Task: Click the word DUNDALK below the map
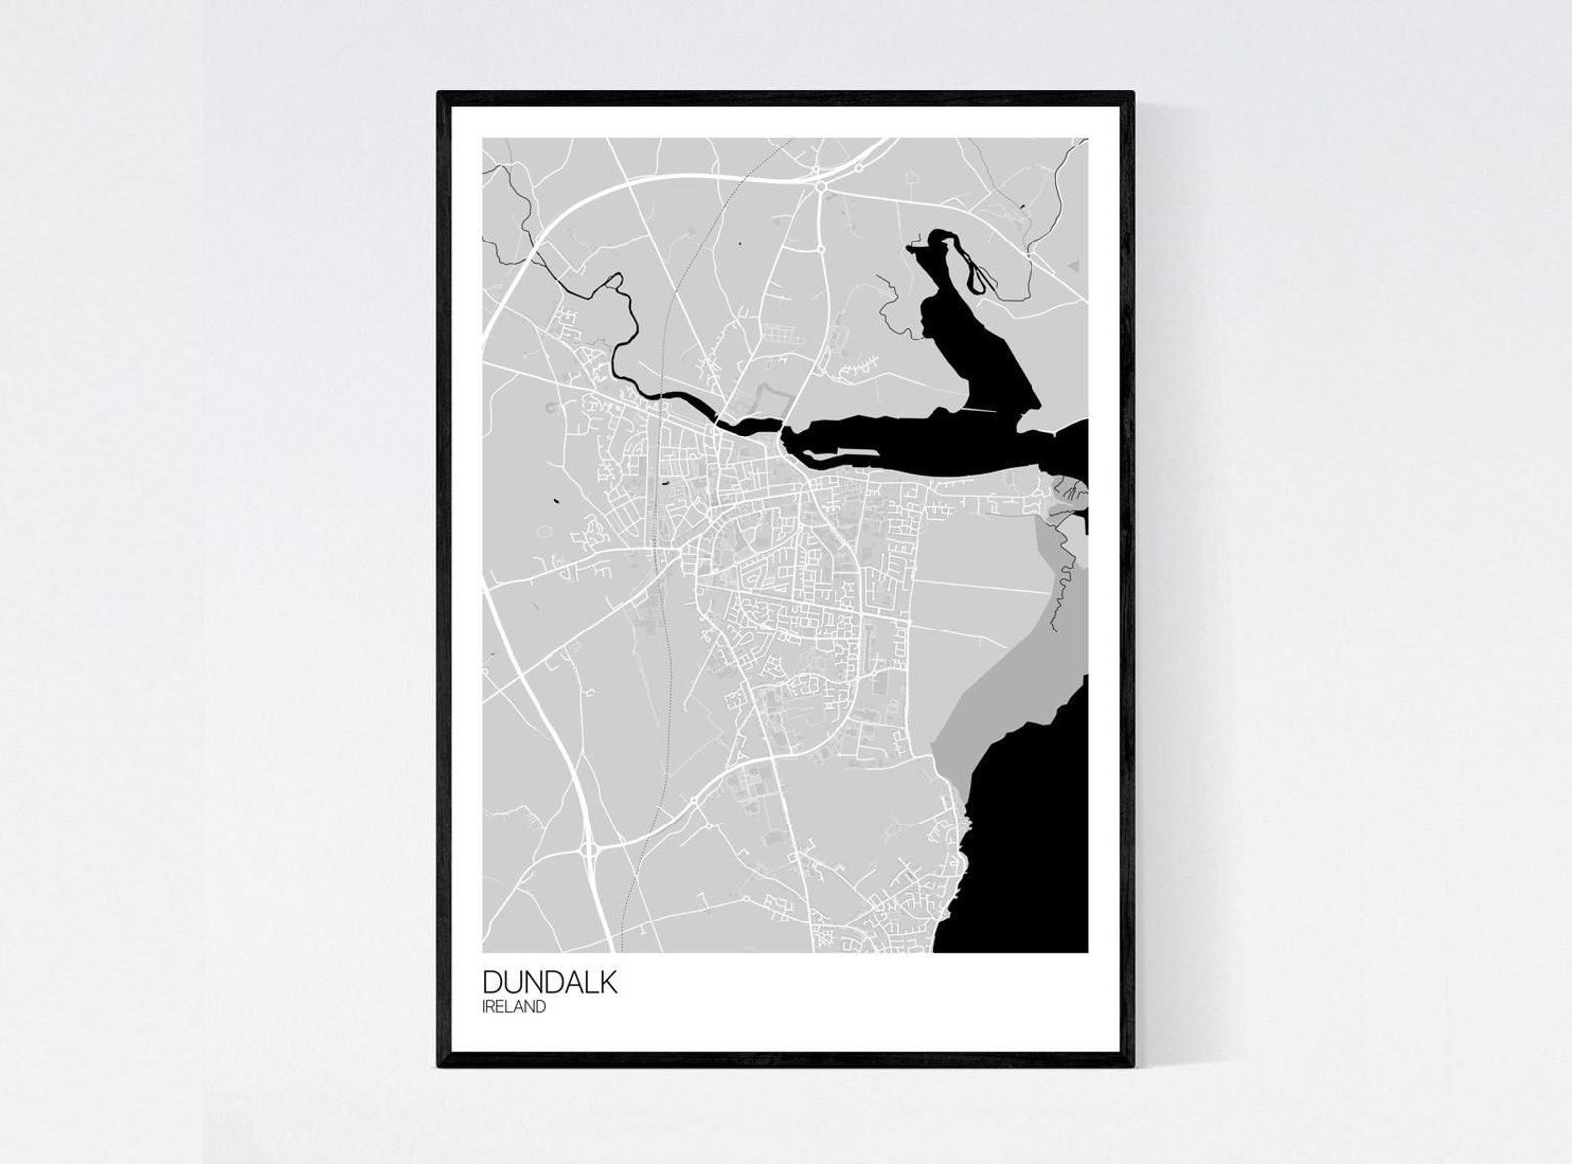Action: (x=549, y=982)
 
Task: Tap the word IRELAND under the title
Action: (x=514, y=1007)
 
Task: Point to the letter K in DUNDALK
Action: (x=607, y=982)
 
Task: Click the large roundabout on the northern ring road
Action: (x=821, y=185)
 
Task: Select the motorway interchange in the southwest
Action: (x=592, y=849)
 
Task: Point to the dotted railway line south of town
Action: (x=653, y=792)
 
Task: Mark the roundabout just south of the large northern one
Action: (x=823, y=251)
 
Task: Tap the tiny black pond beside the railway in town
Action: (x=665, y=482)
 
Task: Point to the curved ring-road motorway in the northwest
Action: (x=535, y=247)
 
